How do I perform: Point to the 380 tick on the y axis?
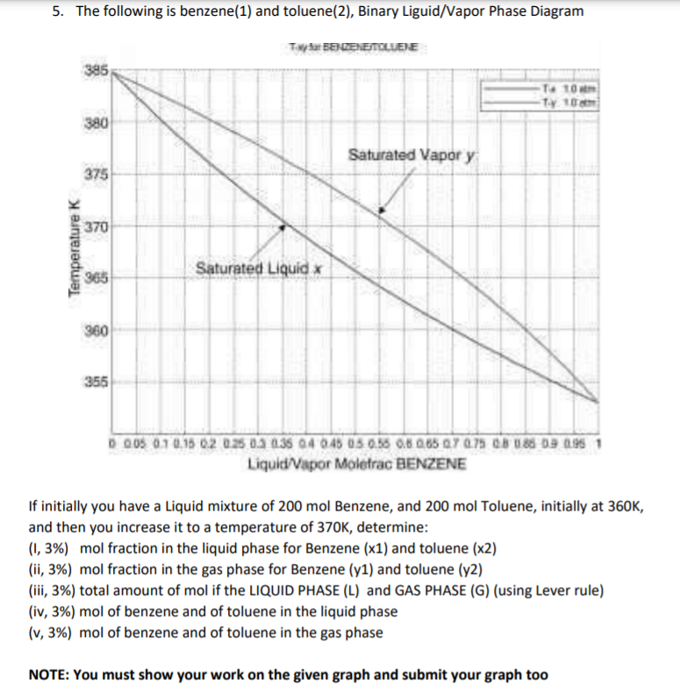(x=95, y=123)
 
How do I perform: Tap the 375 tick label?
(x=95, y=174)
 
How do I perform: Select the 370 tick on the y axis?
(x=95, y=226)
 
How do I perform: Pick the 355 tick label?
(x=95, y=382)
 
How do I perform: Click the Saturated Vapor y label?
(x=412, y=155)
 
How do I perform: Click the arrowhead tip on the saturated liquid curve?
(x=282, y=226)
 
